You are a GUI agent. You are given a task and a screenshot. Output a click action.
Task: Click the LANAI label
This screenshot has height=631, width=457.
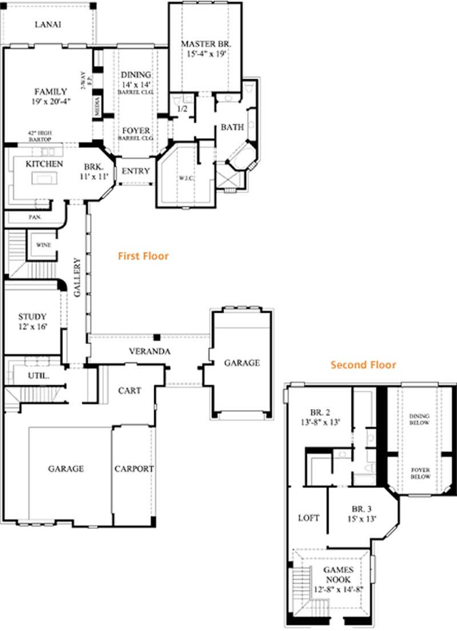click(x=48, y=25)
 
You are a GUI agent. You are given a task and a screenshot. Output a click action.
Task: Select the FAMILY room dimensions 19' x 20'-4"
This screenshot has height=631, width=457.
click(x=50, y=102)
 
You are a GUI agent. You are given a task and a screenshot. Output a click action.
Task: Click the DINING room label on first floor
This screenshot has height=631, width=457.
click(x=135, y=75)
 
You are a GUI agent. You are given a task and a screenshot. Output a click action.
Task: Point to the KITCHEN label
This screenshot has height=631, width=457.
click(x=44, y=164)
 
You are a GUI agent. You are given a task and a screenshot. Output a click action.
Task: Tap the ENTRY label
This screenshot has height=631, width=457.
click(x=136, y=171)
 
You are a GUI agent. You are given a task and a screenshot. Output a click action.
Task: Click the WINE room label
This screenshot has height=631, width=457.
click(x=43, y=245)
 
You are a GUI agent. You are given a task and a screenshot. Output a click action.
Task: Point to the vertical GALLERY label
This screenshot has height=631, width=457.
click(x=77, y=277)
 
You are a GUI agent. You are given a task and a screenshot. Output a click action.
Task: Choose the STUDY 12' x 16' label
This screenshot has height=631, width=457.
click(x=32, y=322)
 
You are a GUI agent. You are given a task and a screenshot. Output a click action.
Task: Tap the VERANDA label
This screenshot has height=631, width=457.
click(x=149, y=351)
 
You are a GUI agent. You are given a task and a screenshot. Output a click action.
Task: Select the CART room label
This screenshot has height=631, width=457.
click(x=129, y=391)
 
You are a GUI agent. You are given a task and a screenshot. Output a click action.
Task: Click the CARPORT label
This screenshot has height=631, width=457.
click(x=134, y=468)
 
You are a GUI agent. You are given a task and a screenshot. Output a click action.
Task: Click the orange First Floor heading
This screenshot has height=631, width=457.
click(x=143, y=256)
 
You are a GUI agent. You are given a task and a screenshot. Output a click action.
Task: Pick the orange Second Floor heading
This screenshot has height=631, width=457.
click(x=363, y=365)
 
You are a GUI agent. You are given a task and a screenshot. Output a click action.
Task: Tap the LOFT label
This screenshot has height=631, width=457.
click(x=308, y=518)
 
